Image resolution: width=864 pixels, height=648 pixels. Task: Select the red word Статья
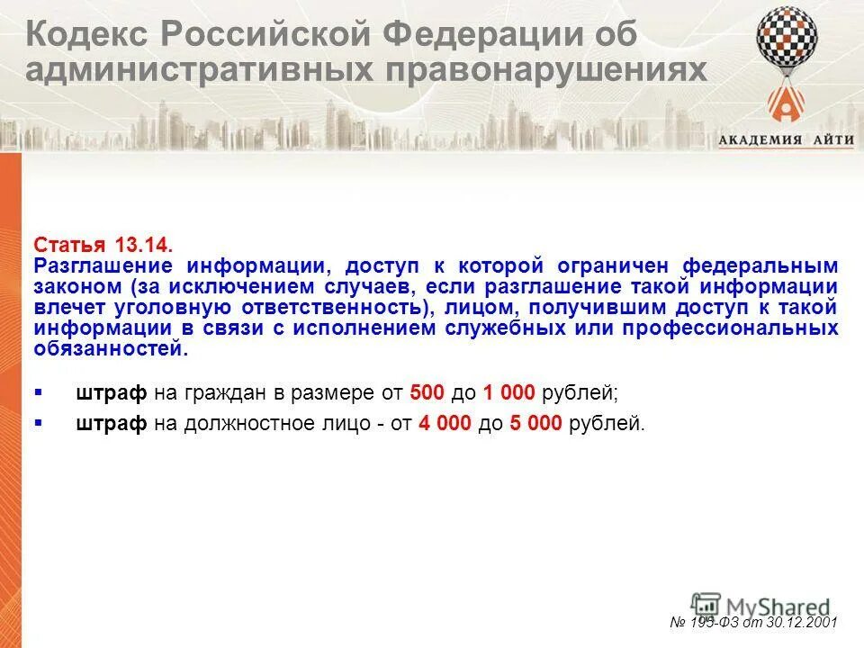(70, 246)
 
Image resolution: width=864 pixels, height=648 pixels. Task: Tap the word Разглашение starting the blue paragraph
(104, 266)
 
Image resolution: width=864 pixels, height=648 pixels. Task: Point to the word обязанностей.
(112, 349)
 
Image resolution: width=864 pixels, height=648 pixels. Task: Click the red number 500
(427, 392)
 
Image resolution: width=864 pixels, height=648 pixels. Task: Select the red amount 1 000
(508, 392)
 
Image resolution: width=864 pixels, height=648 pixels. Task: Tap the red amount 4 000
(445, 423)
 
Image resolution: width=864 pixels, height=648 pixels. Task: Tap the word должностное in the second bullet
(247, 423)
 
